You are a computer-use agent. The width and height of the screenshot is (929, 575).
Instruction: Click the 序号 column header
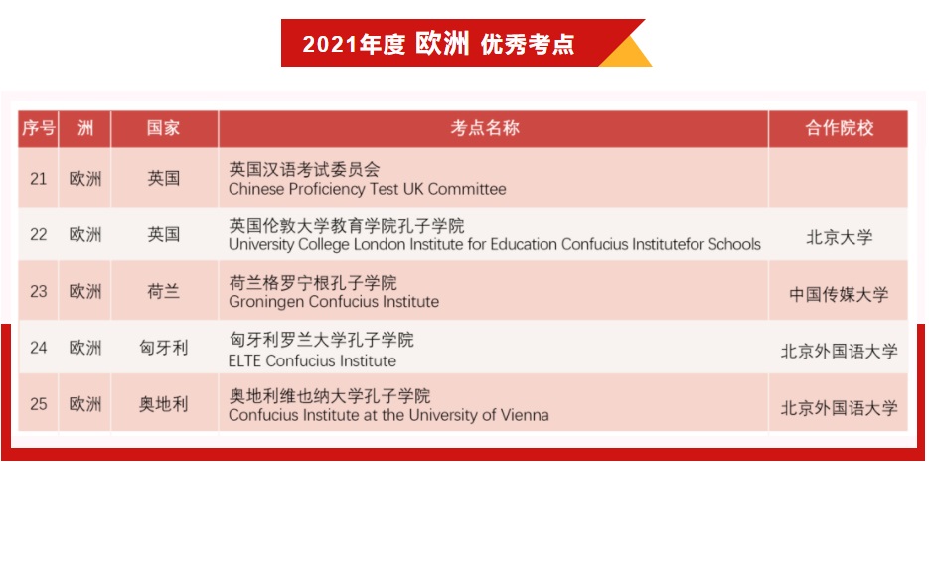point(39,128)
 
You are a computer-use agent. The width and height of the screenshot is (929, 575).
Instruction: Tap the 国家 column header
point(164,128)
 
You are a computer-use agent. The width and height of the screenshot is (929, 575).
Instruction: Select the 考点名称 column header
point(485,128)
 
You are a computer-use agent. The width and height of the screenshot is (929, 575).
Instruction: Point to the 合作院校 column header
point(839,128)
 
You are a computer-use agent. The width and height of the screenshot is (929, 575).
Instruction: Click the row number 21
point(39,178)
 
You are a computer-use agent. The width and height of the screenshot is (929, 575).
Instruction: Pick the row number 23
point(39,291)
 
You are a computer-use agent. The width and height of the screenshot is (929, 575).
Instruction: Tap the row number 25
point(39,404)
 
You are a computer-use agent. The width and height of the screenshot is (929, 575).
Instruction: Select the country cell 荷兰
point(164,291)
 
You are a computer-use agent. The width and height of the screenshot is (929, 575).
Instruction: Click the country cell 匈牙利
point(164,348)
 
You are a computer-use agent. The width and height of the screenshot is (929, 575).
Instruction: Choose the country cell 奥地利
point(164,404)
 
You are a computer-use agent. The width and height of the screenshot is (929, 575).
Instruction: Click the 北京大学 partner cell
point(839,238)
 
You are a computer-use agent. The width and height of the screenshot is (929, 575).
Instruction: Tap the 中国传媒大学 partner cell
point(839,294)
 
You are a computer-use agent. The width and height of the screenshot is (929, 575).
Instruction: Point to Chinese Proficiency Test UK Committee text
point(368,189)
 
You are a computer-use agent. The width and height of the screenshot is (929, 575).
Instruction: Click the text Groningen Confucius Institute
point(334,302)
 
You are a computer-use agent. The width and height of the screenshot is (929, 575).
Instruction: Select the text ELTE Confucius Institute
point(312,360)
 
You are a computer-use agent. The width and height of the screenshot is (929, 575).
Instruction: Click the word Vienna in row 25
point(525,415)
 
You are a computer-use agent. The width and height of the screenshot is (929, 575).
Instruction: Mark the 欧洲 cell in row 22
point(85,235)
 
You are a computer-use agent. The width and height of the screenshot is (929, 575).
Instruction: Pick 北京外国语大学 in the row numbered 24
point(839,352)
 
